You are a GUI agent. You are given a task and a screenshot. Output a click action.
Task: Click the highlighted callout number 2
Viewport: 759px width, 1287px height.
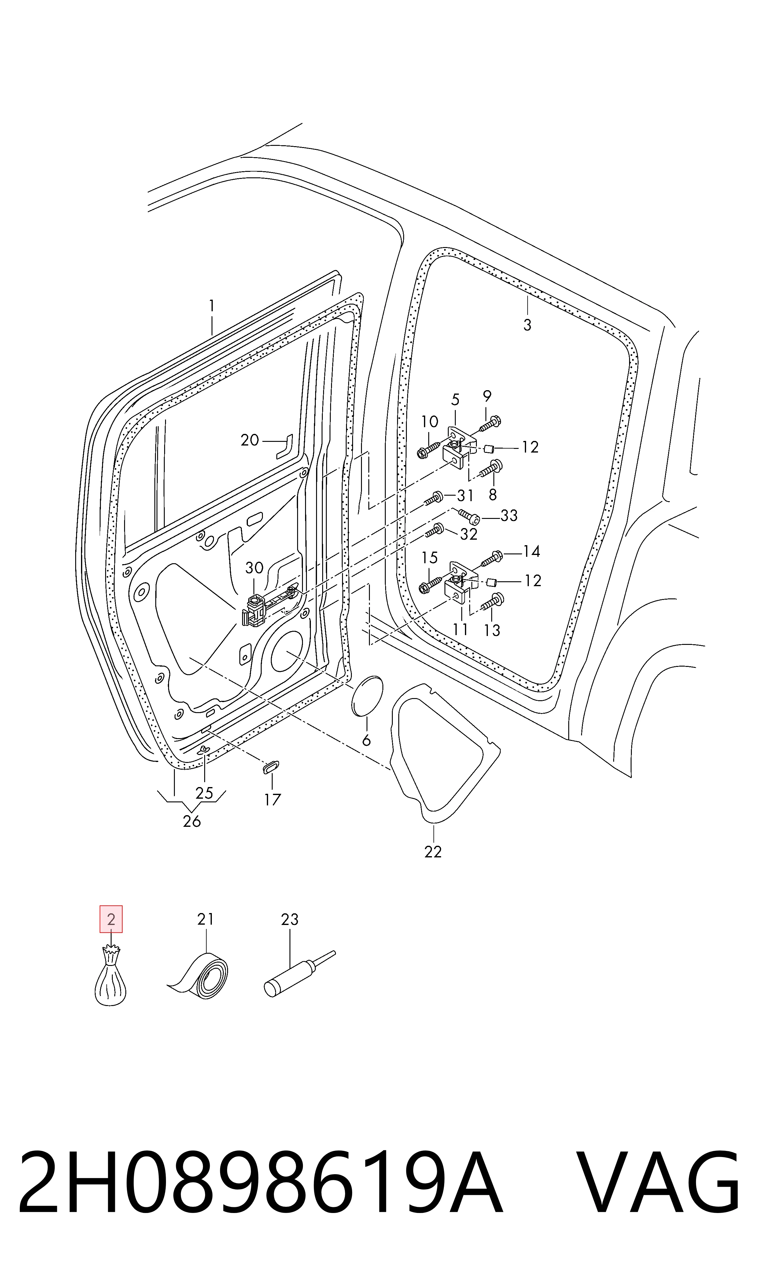tap(111, 919)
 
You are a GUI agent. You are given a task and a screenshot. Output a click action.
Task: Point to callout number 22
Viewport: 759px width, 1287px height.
tap(433, 852)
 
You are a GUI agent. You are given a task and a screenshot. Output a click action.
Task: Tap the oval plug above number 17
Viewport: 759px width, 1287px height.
tap(271, 767)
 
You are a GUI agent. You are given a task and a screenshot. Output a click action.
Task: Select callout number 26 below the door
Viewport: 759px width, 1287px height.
tap(192, 821)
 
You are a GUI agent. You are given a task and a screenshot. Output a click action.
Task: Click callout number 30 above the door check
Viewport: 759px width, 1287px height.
tap(254, 567)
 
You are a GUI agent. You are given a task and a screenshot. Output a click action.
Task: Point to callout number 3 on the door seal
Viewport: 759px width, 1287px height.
tap(527, 325)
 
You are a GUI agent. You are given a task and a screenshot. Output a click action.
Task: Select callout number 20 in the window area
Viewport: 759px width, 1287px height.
tap(250, 440)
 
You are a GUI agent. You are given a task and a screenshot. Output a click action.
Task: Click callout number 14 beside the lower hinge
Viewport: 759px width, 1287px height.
tap(531, 551)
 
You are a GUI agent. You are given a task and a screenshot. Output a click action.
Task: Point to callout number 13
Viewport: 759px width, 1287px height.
tap(492, 630)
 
